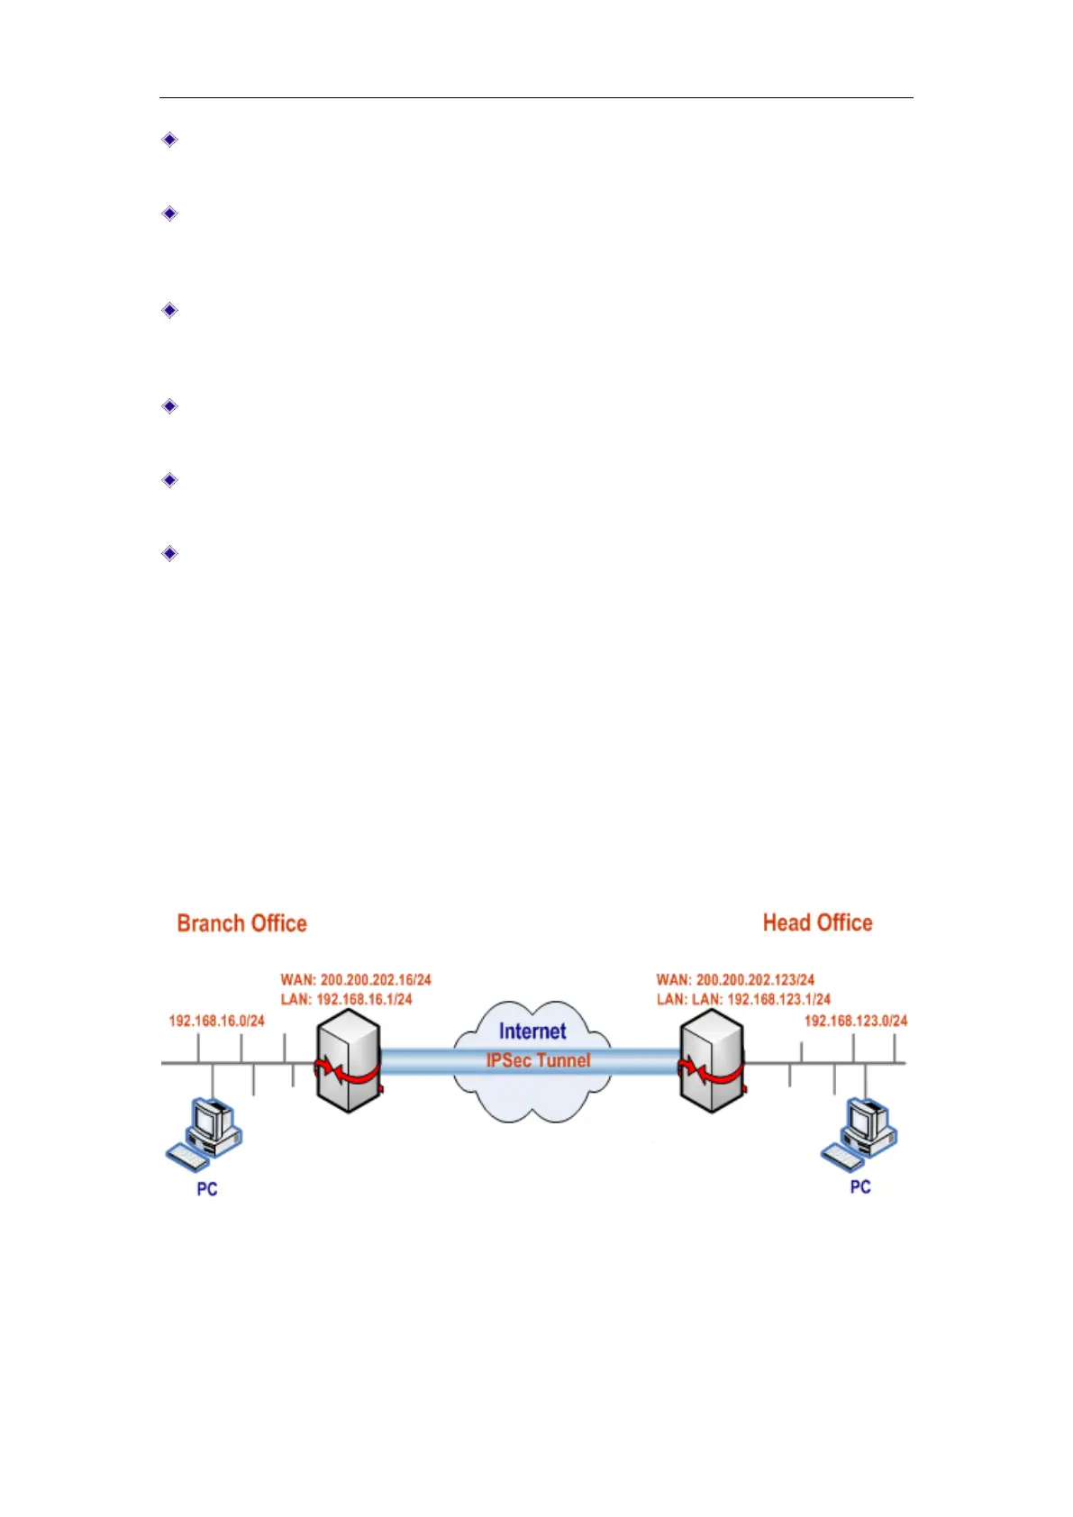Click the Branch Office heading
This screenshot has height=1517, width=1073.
241,923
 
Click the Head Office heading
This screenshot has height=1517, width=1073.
817,922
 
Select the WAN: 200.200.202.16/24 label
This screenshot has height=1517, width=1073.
356,979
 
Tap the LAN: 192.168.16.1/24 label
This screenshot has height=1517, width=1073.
346,999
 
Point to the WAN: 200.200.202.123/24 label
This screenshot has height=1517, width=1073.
735,979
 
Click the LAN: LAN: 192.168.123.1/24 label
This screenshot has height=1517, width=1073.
743,999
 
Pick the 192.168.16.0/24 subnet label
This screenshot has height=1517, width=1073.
216,1021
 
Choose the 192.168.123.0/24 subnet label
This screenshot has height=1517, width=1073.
855,1021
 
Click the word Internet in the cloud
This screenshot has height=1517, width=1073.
532,1031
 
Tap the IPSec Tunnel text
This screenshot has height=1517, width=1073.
538,1060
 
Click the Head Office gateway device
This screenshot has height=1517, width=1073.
712,1060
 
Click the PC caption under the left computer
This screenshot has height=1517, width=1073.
207,1189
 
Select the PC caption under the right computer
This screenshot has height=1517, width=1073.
860,1187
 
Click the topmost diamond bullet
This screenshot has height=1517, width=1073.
169,140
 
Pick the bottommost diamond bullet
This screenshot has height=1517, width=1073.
169,553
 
